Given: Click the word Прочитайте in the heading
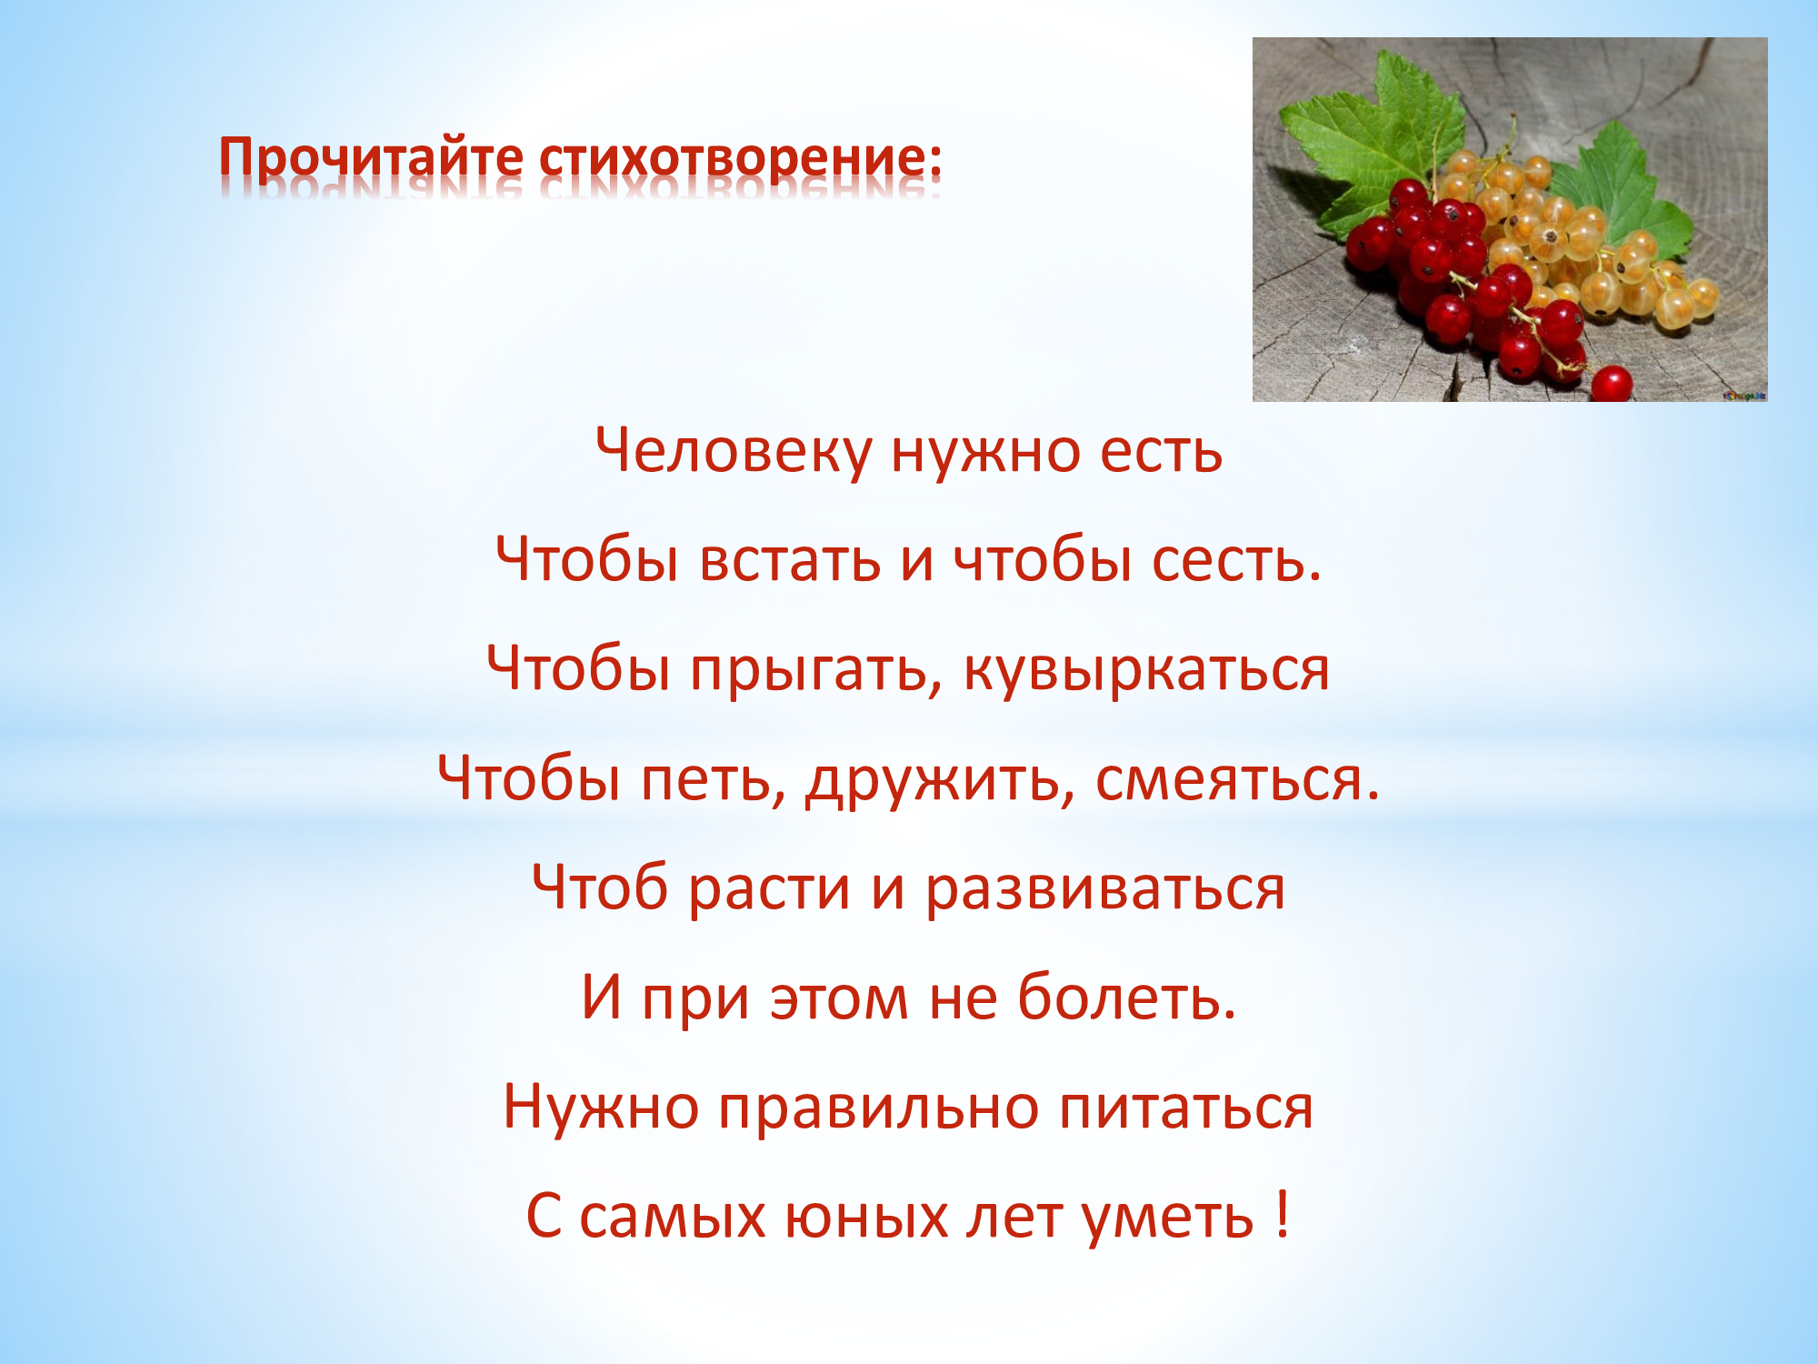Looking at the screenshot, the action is [x=371, y=158].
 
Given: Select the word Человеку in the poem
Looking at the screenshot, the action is [x=733, y=452].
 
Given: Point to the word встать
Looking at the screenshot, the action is [x=790, y=560].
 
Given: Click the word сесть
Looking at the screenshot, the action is [x=1236, y=560].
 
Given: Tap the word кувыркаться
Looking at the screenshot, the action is [x=1146, y=671].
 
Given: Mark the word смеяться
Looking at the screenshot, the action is [x=1237, y=780].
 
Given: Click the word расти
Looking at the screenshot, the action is [x=769, y=889].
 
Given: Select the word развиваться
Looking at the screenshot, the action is [x=1105, y=889].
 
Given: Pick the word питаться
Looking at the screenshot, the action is [x=1186, y=1108].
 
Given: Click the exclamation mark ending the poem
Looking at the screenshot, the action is [x=1282, y=1214].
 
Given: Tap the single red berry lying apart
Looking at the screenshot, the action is [x=1612, y=383].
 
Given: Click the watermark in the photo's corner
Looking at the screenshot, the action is [x=1743, y=395].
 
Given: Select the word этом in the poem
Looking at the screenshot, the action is [x=839, y=998].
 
